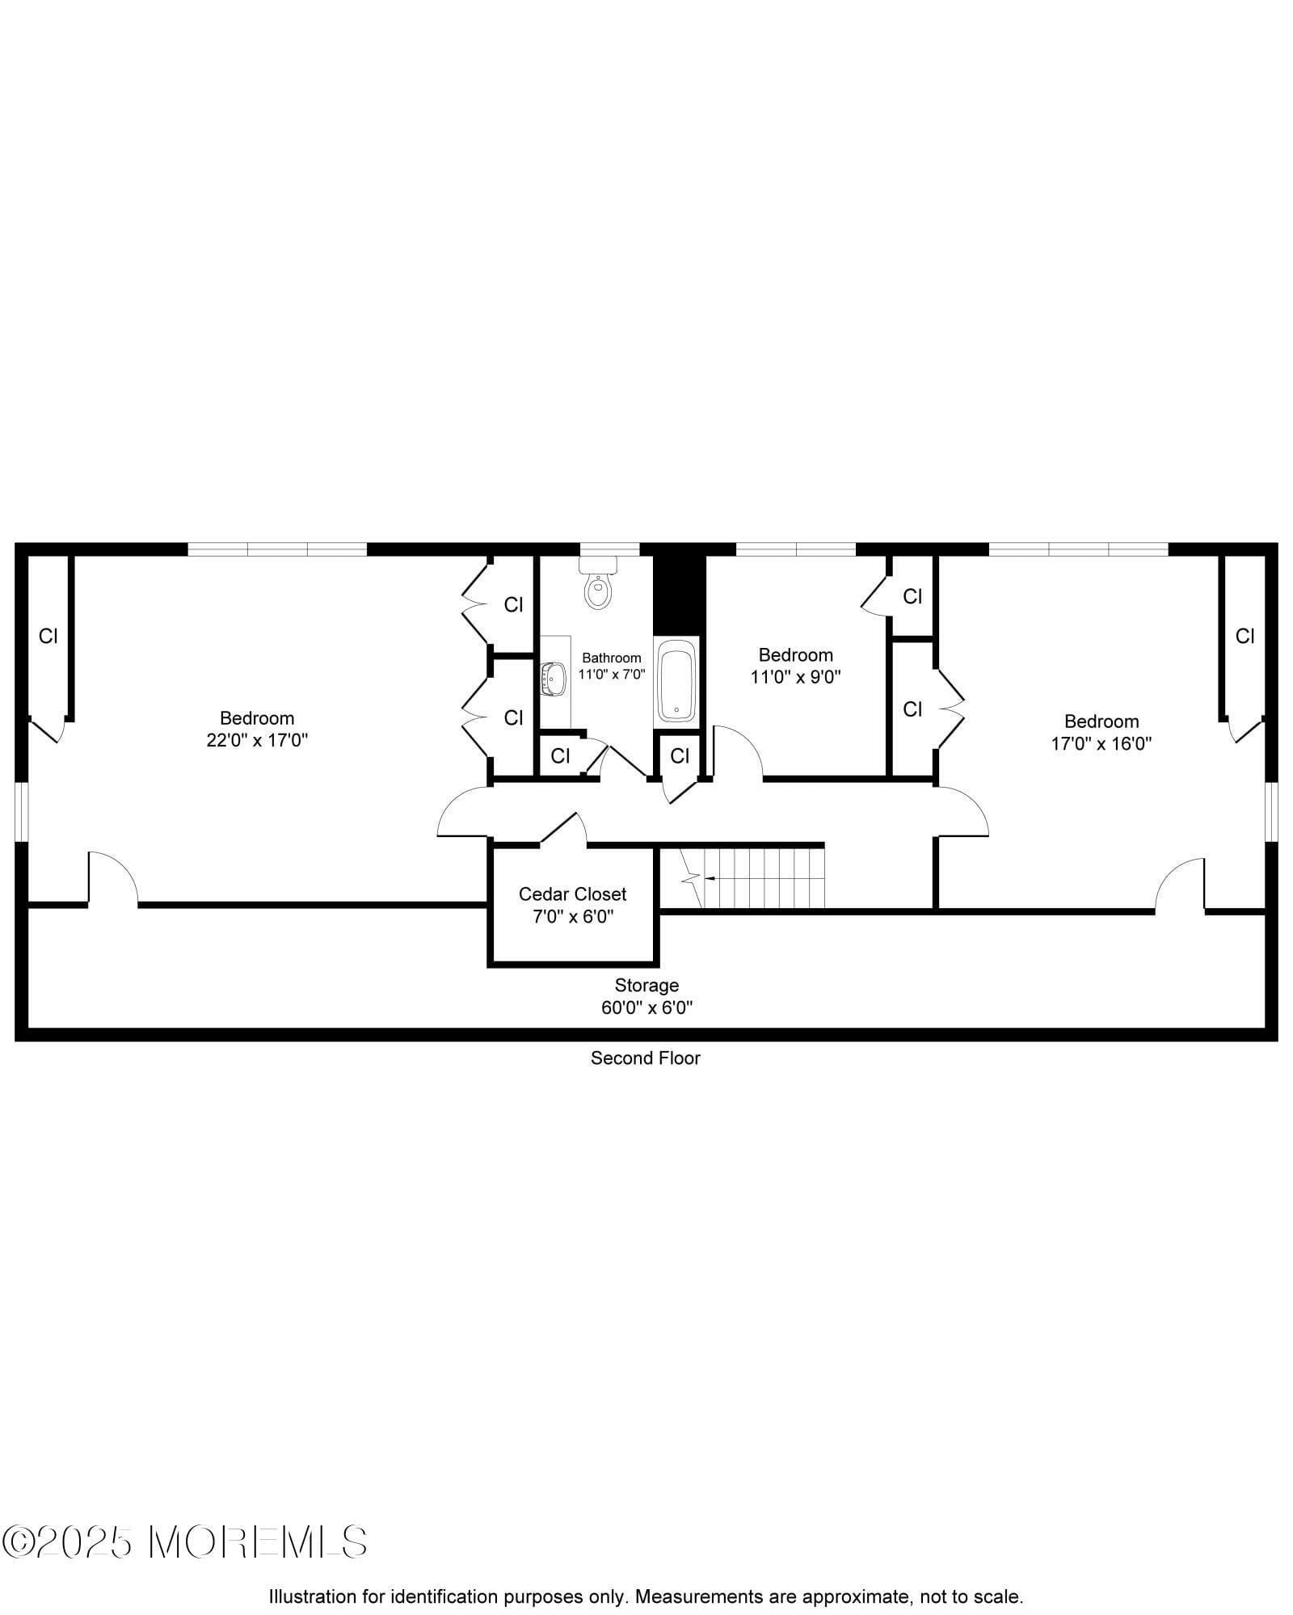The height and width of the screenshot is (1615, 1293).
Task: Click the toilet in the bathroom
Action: [598, 587]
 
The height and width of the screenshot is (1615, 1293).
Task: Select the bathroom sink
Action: [554, 679]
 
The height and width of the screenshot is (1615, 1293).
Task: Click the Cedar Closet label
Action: [572, 894]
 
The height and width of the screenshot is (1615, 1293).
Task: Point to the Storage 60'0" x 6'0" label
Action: [646, 996]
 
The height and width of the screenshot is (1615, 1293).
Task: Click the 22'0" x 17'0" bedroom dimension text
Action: [257, 740]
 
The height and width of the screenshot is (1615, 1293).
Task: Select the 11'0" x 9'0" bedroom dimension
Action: [796, 677]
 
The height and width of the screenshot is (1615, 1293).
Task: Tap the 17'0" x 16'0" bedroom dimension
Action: [1101, 743]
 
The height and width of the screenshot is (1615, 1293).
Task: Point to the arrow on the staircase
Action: [710, 877]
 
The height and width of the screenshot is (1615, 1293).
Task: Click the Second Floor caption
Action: [645, 1058]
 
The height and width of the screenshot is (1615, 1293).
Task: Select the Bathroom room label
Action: [611, 658]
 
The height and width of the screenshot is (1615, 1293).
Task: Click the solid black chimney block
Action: [680, 594]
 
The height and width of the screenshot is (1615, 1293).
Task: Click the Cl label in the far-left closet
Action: [48, 637]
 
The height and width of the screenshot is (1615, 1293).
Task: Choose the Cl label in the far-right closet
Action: [1245, 637]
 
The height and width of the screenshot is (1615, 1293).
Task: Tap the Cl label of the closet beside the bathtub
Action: [680, 755]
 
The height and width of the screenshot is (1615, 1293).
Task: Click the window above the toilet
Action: [598, 550]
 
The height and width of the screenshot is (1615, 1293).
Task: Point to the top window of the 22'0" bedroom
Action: [277, 549]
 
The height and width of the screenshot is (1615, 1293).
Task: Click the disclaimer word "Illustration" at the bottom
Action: [311, 1597]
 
